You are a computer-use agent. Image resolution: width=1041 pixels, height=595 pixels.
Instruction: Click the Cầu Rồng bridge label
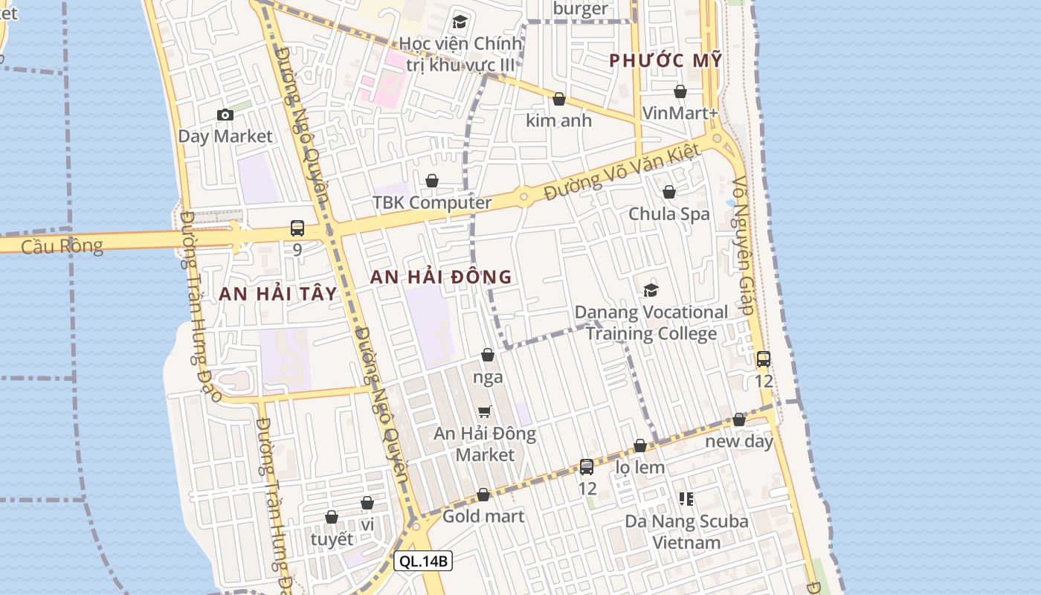click(x=62, y=246)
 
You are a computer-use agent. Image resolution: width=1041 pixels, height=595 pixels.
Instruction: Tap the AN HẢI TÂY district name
click(x=278, y=294)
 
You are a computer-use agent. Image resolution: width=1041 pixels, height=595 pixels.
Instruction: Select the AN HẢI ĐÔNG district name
click(x=441, y=277)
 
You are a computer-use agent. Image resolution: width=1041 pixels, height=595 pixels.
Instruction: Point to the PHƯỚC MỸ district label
click(x=665, y=61)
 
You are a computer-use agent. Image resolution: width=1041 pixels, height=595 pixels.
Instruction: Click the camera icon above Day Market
click(x=225, y=115)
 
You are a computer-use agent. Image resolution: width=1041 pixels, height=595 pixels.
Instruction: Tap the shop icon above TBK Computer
click(x=432, y=181)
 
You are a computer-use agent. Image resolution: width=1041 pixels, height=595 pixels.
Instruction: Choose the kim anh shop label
click(x=558, y=120)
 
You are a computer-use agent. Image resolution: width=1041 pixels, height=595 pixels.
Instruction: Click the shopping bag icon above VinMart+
click(x=680, y=91)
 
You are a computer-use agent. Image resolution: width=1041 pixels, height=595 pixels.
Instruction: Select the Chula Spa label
click(x=669, y=214)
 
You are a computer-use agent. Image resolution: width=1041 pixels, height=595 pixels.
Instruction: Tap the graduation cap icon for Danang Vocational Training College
click(x=651, y=290)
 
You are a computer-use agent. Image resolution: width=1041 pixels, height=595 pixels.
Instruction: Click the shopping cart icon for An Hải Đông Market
click(x=485, y=411)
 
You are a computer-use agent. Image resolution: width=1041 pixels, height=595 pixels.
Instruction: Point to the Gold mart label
click(x=483, y=516)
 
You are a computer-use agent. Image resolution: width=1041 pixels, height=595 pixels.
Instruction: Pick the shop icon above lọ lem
click(x=639, y=446)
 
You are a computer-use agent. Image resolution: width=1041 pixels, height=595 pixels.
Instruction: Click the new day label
click(x=739, y=441)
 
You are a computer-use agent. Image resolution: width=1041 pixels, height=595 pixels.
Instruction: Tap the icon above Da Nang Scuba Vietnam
click(x=686, y=498)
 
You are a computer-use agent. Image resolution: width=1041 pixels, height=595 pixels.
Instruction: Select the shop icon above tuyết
click(x=332, y=517)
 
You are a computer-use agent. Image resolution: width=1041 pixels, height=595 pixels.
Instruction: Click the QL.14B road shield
click(x=423, y=561)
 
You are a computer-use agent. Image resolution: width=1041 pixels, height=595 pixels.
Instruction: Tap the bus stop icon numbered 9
click(x=297, y=228)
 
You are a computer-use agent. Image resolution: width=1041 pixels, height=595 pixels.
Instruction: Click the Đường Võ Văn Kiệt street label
click(x=622, y=173)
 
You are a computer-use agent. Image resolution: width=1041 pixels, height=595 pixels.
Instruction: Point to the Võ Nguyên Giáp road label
click(x=744, y=245)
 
